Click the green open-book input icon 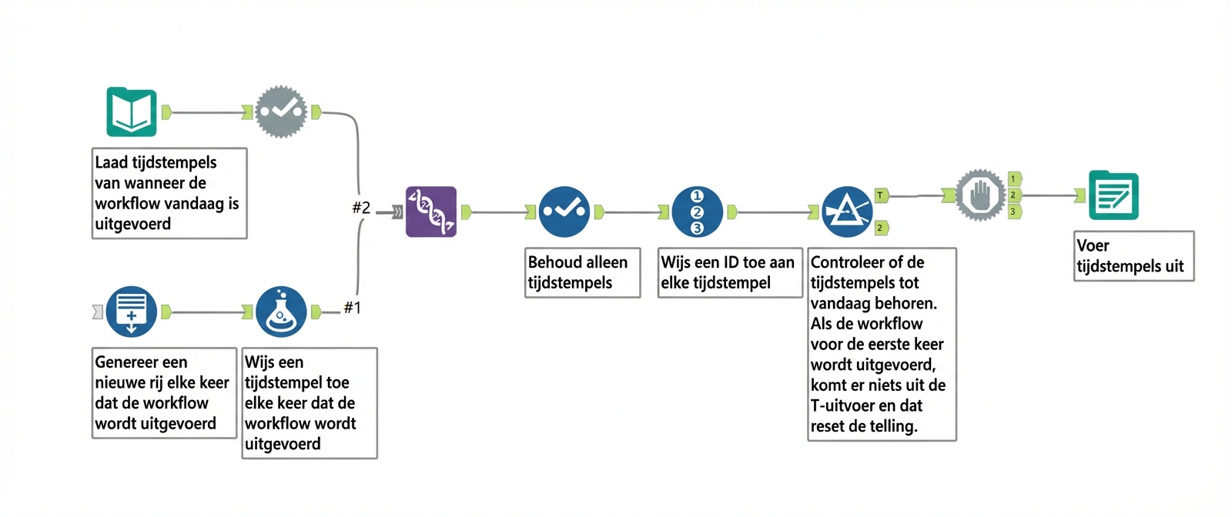coord(132,112)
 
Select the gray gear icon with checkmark coord(281,112)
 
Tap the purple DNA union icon coord(431,212)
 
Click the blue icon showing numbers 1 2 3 coord(697,212)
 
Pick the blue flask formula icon coord(281,312)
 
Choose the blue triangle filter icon coord(847,212)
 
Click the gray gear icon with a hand coord(980,195)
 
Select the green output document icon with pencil coord(1113,195)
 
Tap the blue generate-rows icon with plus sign coord(132,312)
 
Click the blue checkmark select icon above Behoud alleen coord(564,212)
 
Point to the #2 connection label coord(361,208)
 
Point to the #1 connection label coord(352,308)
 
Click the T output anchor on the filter coord(881,195)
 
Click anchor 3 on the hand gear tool coord(1014,212)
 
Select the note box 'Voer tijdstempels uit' coord(1133,256)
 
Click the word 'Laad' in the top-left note coord(112,162)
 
